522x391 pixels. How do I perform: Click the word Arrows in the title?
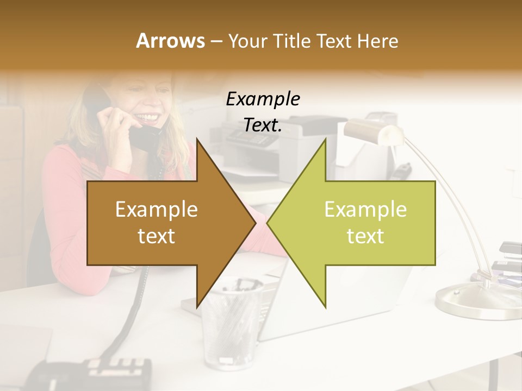coord(170,41)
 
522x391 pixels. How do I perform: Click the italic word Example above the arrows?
coord(263,99)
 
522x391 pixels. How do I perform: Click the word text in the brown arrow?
coord(157,236)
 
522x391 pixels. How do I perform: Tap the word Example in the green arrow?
coord(365,209)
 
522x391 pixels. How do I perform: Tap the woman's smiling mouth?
coord(150,116)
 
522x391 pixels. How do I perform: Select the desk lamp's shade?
coord(370,130)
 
